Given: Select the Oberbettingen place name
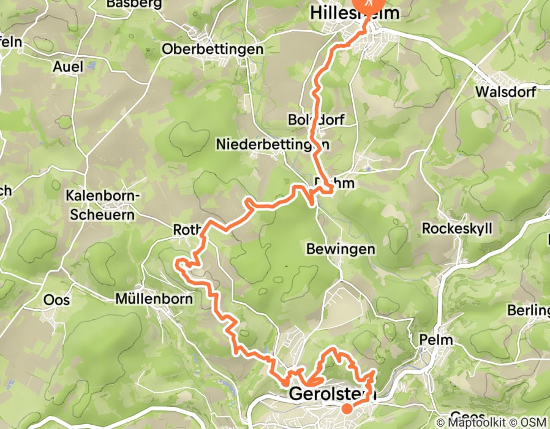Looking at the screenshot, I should pos(213,50).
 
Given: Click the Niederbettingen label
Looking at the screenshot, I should pos(272,144).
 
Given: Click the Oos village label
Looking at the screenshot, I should pos(57,300).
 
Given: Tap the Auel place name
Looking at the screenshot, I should pos(67,66).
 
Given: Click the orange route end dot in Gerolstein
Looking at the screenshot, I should pos(347,408).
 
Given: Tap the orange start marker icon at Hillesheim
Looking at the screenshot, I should pos(369,3).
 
